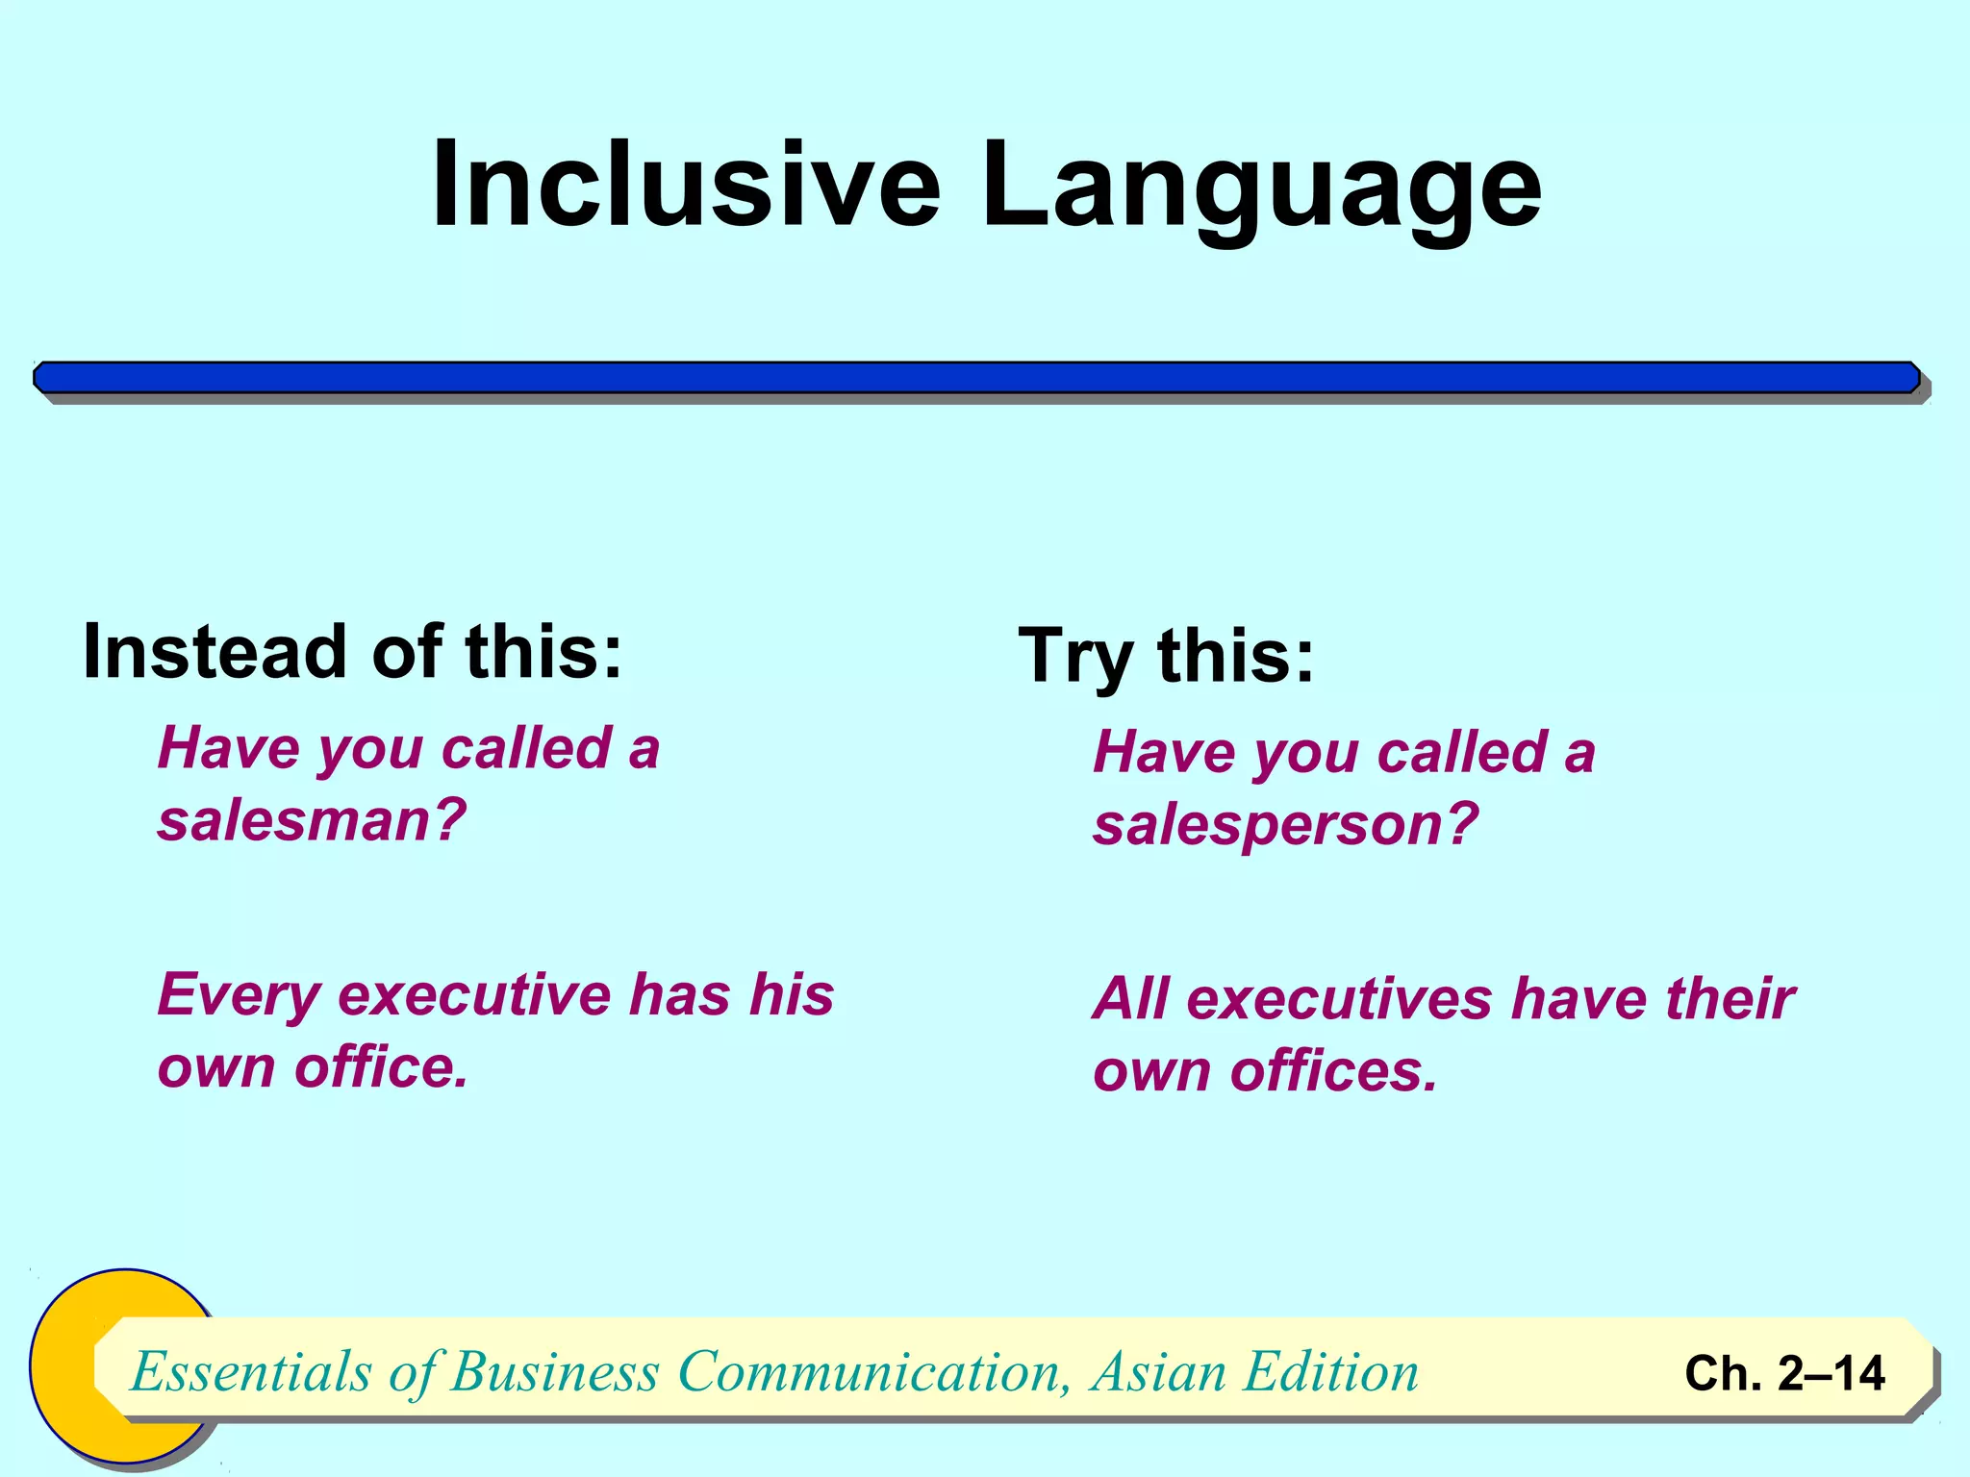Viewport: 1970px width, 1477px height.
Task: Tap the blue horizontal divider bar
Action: (x=976, y=378)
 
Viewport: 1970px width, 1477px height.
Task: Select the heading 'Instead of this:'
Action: (x=353, y=652)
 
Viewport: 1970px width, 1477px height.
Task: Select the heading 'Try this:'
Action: (x=1166, y=656)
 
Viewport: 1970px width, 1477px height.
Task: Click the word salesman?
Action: (x=312, y=820)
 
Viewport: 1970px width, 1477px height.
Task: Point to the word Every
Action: (x=239, y=995)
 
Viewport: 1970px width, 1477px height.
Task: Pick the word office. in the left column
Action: (x=381, y=1067)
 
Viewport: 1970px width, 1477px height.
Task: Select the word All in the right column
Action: (x=1131, y=998)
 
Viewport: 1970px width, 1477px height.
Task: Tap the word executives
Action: (x=1339, y=998)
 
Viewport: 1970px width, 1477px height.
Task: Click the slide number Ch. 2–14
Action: (x=1784, y=1373)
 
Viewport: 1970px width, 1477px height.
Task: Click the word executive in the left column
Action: (x=474, y=995)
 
